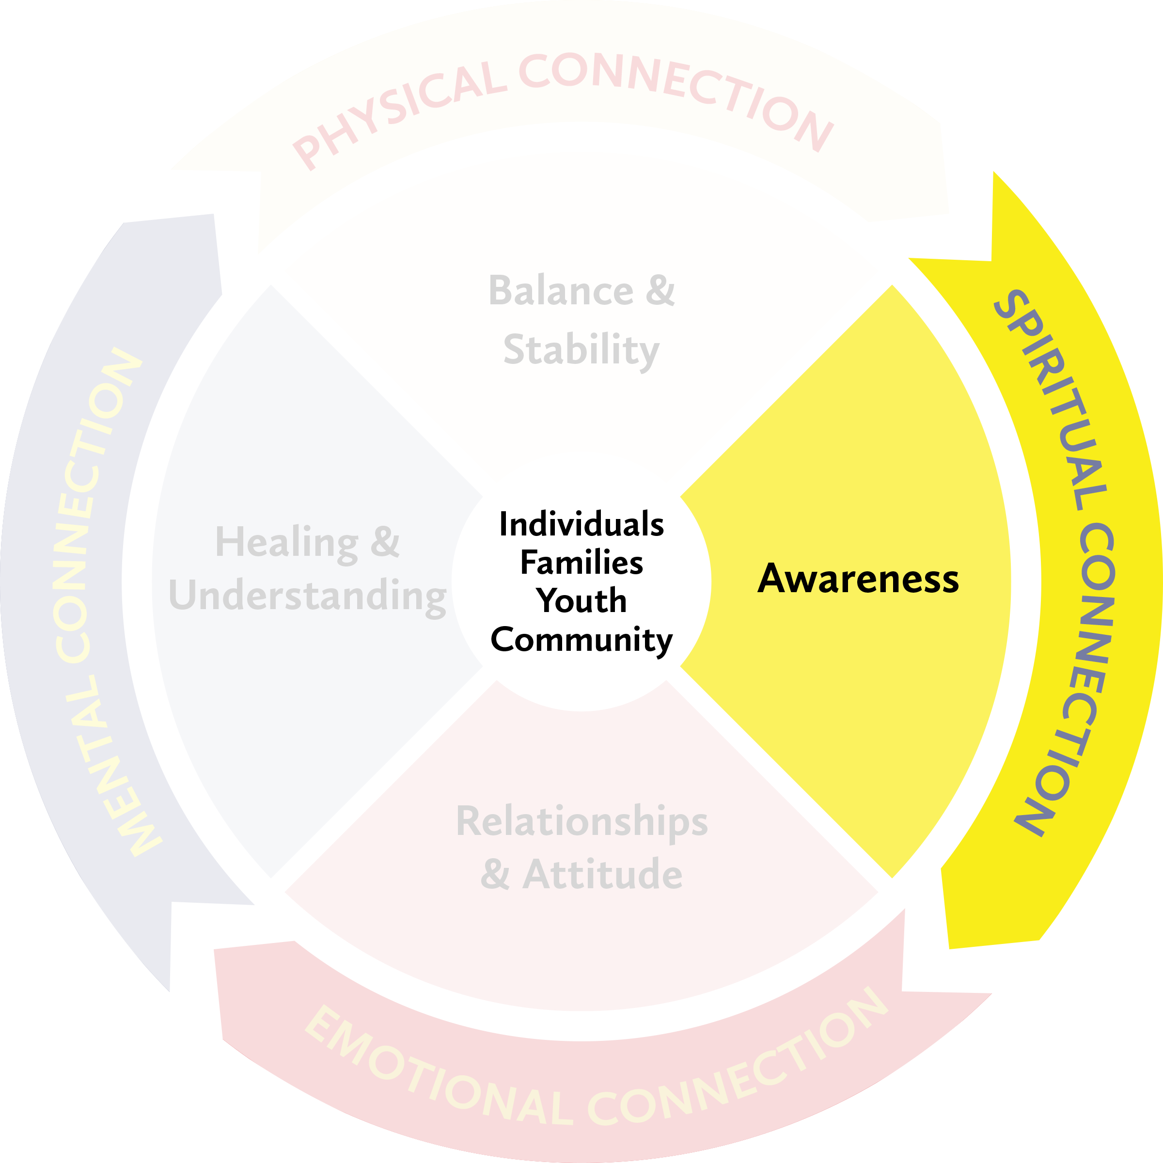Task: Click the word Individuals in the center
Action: click(x=581, y=524)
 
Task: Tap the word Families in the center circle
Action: click(x=581, y=563)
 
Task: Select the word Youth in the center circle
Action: click(x=581, y=601)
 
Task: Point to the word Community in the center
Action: click(x=581, y=640)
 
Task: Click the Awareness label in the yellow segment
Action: click(x=858, y=579)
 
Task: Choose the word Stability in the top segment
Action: click(x=581, y=350)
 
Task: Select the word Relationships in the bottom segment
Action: click(x=581, y=821)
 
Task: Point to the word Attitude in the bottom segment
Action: click(x=602, y=875)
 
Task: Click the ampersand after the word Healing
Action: click(x=385, y=541)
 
